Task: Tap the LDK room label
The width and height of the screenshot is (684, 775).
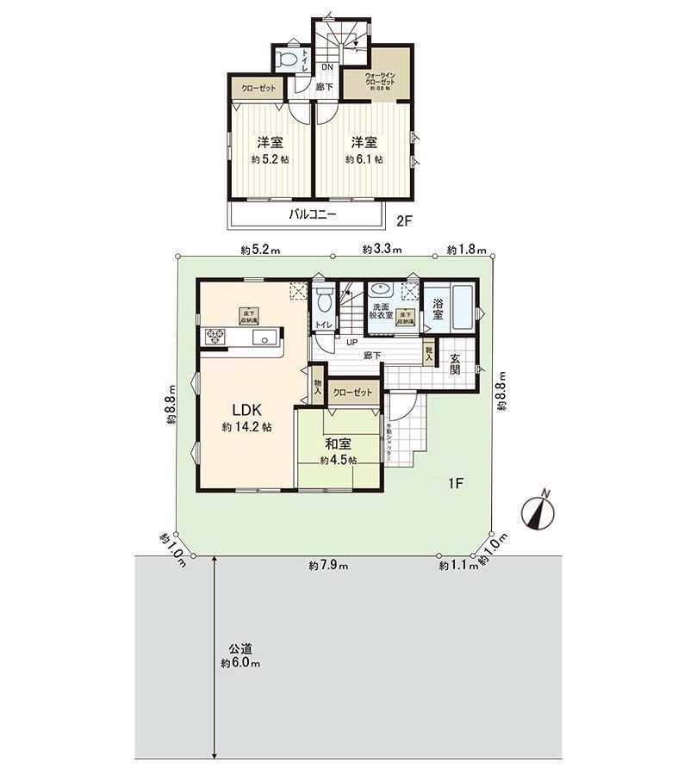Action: point(246,410)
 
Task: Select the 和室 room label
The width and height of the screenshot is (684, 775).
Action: point(338,444)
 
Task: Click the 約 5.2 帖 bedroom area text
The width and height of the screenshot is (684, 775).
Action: point(270,159)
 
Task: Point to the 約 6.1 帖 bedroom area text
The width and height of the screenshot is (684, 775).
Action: point(364,159)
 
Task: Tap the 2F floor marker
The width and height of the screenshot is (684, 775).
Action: point(405,220)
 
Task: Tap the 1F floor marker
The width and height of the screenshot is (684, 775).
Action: point(456,483)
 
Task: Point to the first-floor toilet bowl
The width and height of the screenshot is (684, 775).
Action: point(325,301)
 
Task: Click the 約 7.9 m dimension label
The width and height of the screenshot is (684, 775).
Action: point(328,566)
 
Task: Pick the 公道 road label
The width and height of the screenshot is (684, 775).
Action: point(240,648)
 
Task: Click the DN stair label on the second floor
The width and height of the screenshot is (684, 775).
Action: point(327,67)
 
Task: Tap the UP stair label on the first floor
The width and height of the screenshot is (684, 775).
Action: point(351,343)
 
